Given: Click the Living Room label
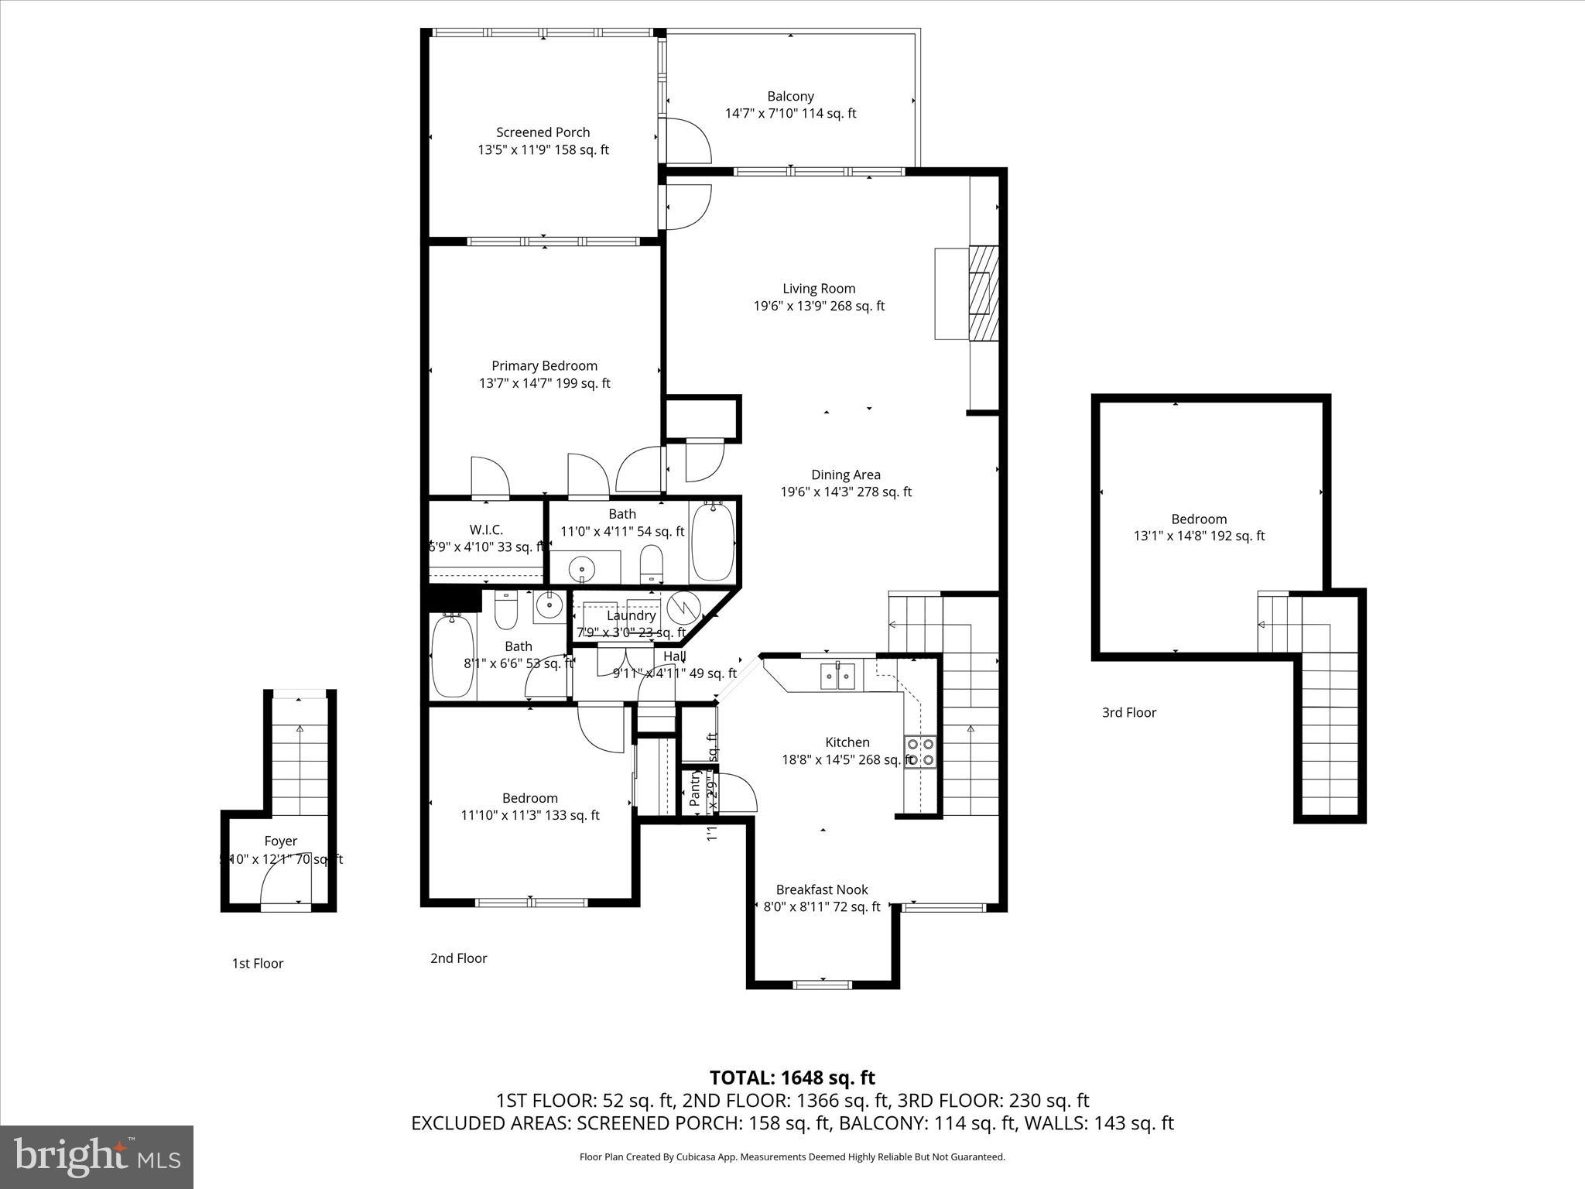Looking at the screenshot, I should [x=819, y=289].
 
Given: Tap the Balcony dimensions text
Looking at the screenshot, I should [x=790, y=114].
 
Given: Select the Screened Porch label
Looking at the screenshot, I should [x=543, y=132].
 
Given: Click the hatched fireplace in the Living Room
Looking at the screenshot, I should [x=984, y=293].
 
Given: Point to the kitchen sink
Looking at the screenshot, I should [x=838, y=677].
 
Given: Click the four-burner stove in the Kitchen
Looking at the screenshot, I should [x=921, y=752].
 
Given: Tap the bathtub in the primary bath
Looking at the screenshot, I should [x=712, y=542].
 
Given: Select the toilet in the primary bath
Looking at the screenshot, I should [x=652, y=564].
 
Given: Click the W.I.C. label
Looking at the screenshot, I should [x=486, y=529].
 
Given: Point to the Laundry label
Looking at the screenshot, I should [x=631, y=615].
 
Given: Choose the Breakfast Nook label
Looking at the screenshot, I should [x=822, y=889].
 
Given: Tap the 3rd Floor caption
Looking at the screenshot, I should [x=1128, y=712].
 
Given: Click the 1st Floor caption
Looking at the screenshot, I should [x=258, y=963].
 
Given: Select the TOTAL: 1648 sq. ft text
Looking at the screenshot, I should [x=792, y=1078].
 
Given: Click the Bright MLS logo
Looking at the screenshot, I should [x=97, y=1156].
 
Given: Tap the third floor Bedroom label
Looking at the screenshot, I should [x=1198, y=519].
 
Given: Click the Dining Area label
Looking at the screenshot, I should [x=845, y=475].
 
